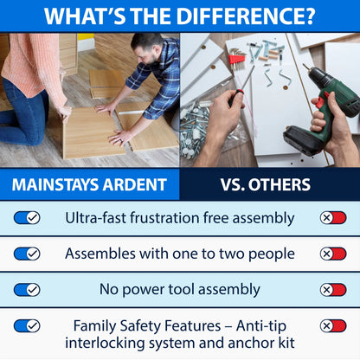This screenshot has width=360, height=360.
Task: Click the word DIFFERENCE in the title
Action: pos(245,16)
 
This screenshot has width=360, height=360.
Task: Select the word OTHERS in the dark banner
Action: pos(280,184)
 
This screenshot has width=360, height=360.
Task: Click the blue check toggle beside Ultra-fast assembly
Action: pos(27,218)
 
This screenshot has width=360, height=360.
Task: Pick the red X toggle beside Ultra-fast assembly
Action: pos(333,218)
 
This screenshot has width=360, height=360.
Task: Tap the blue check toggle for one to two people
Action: pos(27,254)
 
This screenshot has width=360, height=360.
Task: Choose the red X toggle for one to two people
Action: pos(333,254)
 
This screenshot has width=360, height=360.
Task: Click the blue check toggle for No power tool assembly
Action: pos(27,290)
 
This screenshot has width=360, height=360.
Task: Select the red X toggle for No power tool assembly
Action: pos(333,290)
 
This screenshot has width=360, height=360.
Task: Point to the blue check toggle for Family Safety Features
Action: pos(27,326)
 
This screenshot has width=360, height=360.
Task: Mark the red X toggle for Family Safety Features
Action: pos(333,326)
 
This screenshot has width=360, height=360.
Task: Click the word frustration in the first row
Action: pos(164,218)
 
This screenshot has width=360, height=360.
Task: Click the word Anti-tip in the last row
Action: pos(261,326)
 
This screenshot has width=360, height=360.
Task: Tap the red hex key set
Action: pos(236,59)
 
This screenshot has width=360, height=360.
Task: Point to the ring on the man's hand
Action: pos(122,141)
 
